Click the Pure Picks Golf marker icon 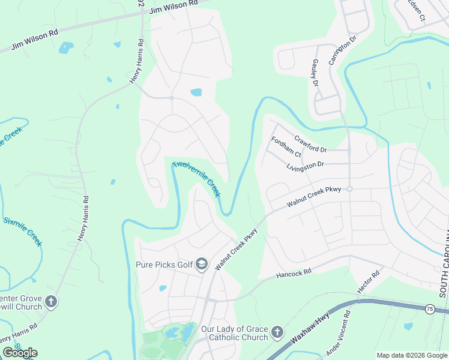pyautogui.click(x=203, y=264)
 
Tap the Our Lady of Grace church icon pyautogui.click(x=277, y=332)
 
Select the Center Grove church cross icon pyautogui.click(x=51, y=301)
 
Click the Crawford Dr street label pyautogui.click(x=310, y=143)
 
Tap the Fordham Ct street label pyautogui.click(x=286, y=147)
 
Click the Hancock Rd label pyautogui.click(x=294, y=273)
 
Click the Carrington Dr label pyautogui.click(x=342, y=50)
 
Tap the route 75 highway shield pyautogui.click(x=429, y=308)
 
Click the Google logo pyautogui.click(x=20, y=353)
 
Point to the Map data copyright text pyautogui.click(x=412, y=355)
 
